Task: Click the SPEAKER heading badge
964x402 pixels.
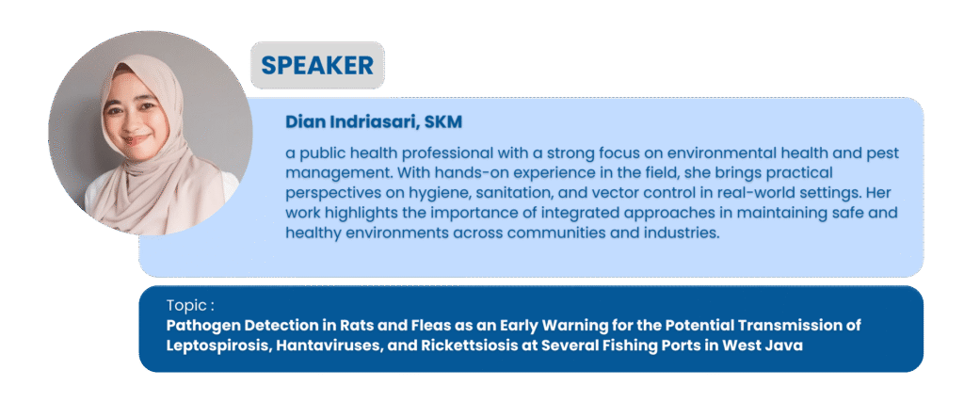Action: [x=317, y=65]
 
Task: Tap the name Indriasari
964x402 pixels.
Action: [x=375, y=121]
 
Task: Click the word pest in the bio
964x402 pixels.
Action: [x=883, y=153]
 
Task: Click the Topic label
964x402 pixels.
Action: [x=190, y=305]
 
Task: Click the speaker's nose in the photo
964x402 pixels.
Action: [x=133, y=124]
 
